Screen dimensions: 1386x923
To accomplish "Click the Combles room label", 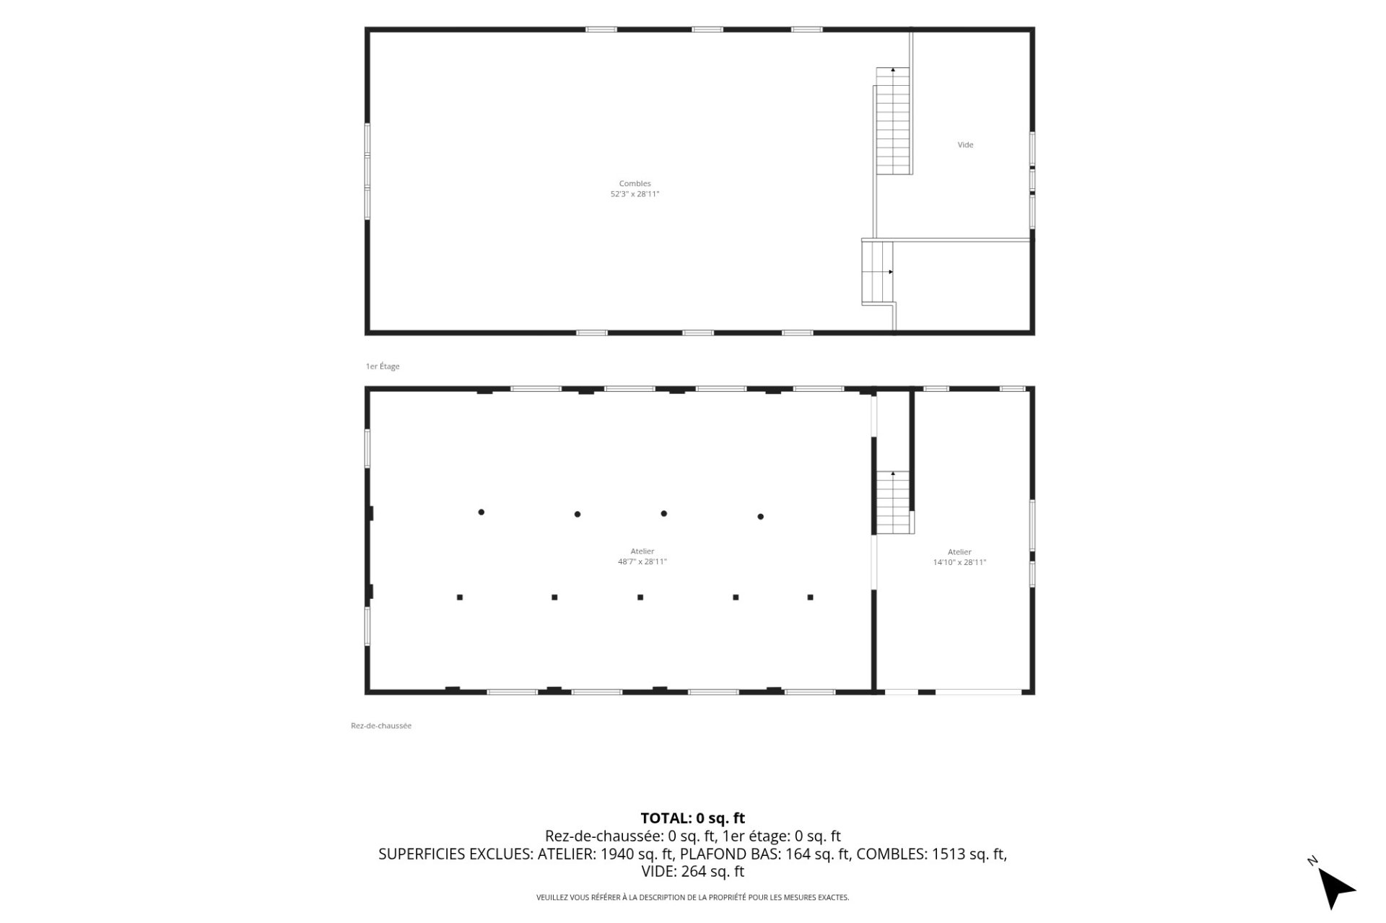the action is tap(635, 183).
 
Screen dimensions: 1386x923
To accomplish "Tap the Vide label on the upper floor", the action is tap(965, 145).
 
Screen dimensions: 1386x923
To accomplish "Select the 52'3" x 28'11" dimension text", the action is tap(635, 194).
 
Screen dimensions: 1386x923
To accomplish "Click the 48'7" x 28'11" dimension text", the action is tap(642, 561).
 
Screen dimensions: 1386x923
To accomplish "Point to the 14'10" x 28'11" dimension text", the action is tap(959, 562).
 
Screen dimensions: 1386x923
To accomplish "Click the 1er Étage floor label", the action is tap(383, 367).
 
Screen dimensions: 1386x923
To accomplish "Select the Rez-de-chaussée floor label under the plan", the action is tap(381, 726).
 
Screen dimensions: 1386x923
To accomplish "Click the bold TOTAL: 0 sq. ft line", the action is tap(693, 818).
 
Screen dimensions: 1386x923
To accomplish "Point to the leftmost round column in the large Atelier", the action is tap(481, 512).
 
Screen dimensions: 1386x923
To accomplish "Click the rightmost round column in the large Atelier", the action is tap(760, 517).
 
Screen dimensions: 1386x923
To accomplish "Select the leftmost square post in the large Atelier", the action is tap(460, 598).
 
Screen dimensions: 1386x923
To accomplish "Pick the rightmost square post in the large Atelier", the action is tap(810, 598).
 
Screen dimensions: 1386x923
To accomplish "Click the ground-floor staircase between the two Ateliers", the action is tap(894, 502).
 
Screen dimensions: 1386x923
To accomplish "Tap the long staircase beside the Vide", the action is tap(893, 121).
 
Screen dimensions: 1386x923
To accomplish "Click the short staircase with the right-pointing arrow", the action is tap(878, 272).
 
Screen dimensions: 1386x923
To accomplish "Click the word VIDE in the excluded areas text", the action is tap(658, 872).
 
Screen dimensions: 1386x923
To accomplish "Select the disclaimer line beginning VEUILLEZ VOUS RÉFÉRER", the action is tap(693, 898).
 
